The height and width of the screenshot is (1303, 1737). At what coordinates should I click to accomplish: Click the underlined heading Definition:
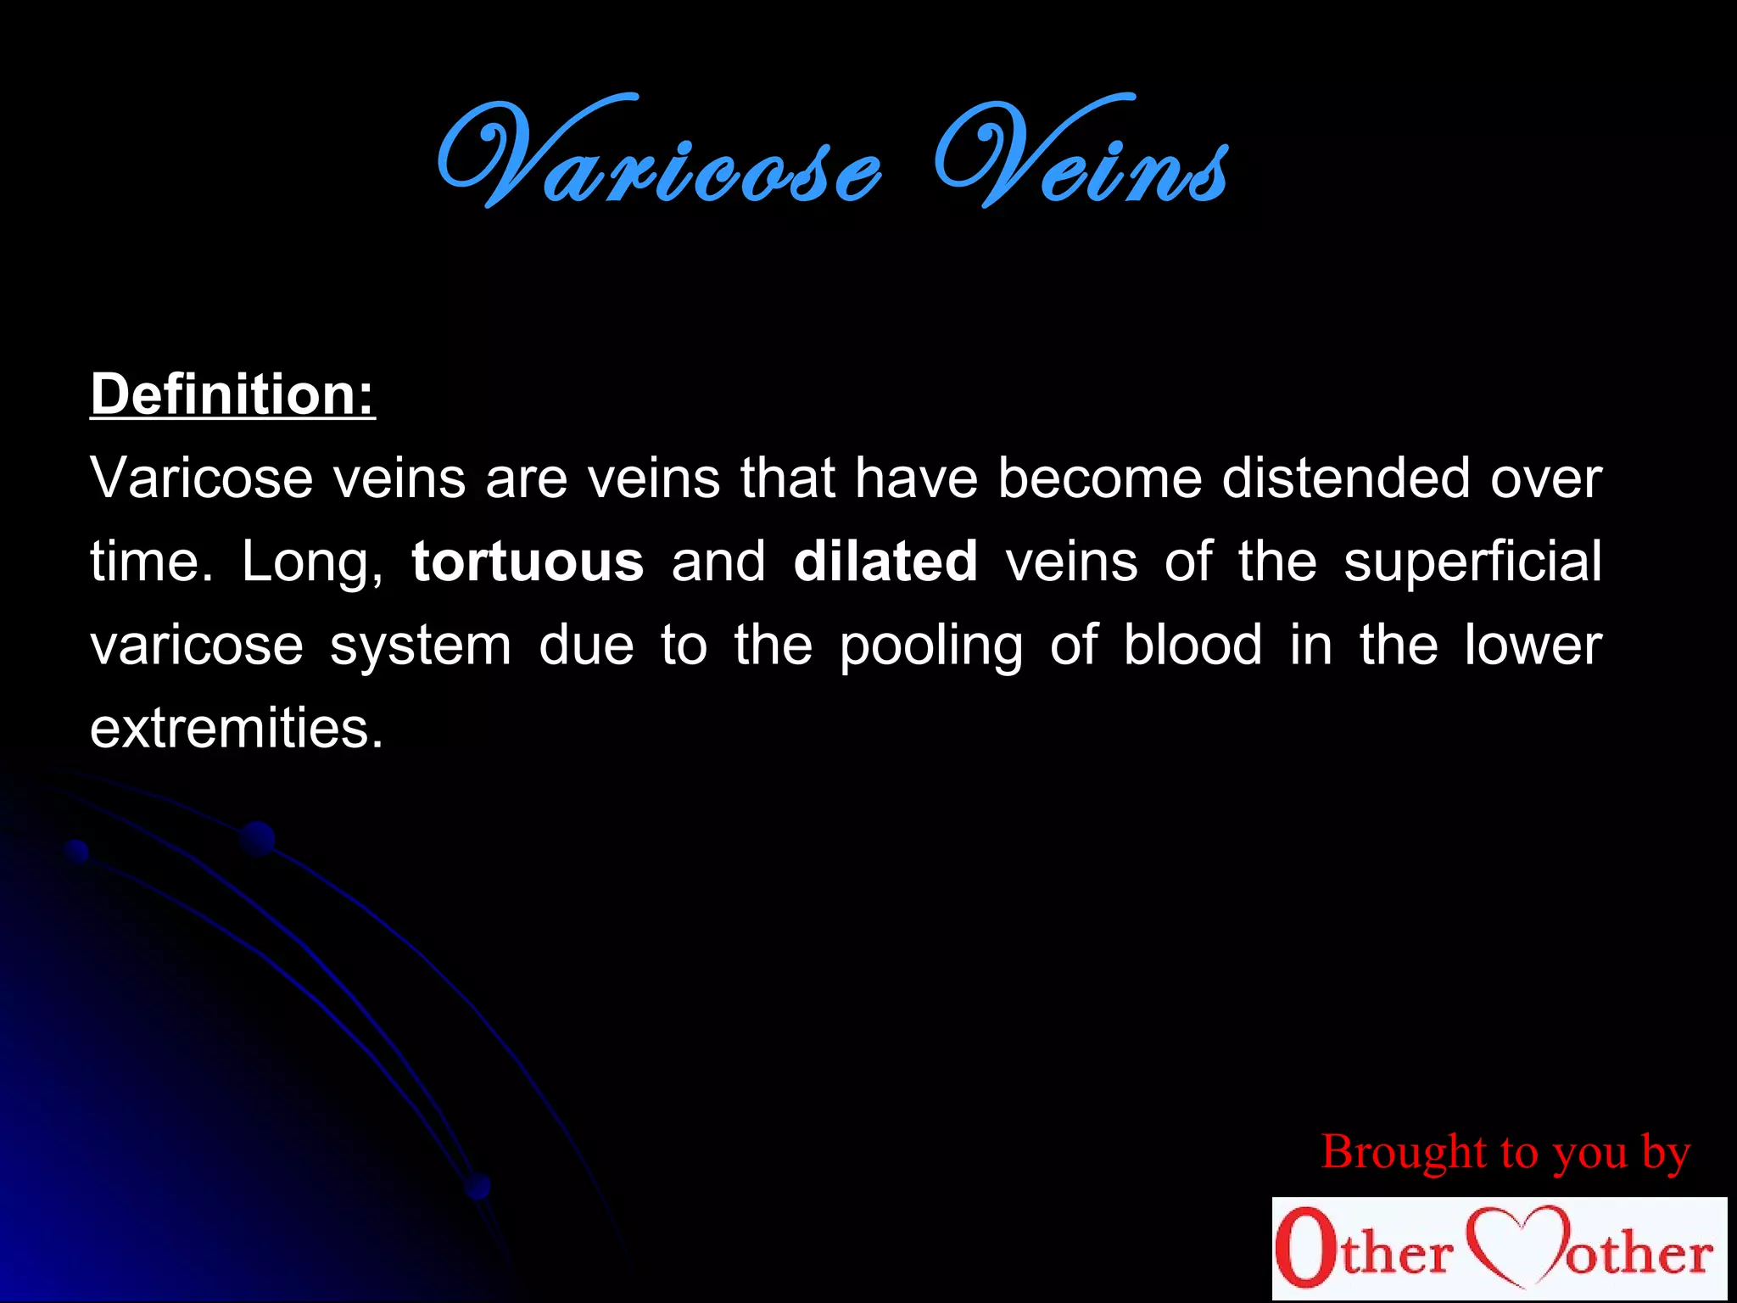click(x=232, y=395)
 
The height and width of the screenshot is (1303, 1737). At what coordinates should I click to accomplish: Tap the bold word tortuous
click(x=528, y=562)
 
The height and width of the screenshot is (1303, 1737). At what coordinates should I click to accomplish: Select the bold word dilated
click(x=885, y=562)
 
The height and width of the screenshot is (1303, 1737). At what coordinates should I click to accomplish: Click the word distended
click(x=1346, y=478)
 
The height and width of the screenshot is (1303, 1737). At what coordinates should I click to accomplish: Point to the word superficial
click(x=1472, y=562)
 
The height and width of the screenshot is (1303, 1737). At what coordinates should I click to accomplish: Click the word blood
click(x=1192, y=645)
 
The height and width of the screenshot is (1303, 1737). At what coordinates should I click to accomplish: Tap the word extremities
click(x=237, y=728)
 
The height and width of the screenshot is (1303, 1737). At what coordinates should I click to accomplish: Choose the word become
click(x=1099, y=478)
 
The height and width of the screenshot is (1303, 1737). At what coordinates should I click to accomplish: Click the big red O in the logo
click(x=1302, y=1247)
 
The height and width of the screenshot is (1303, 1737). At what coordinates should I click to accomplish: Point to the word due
click(x=586, y=645)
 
